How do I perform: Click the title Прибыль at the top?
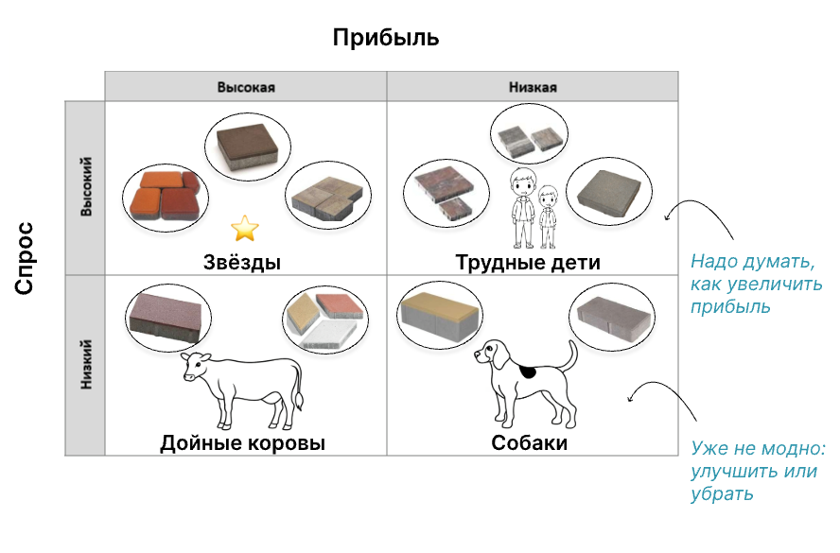coord(386,39)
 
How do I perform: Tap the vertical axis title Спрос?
coord(26,258)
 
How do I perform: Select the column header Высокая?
coord(245,87)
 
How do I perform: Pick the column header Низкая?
coord(533,87)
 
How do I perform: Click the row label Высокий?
coord(86,188)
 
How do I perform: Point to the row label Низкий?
coord(86,365)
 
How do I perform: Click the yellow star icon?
coord(245,227)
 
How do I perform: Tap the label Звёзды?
coord(242,262)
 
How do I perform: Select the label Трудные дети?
coord(528,262)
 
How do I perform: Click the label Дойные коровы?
coord(242,442)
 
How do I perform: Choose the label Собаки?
coord(529,442)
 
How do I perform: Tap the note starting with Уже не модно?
coord(756,471)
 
